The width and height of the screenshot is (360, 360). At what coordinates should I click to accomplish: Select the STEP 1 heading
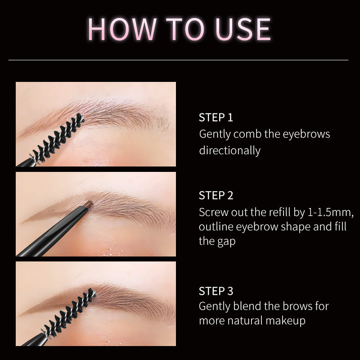coord(216,118)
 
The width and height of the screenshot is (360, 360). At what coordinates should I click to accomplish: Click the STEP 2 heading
coord(216,195)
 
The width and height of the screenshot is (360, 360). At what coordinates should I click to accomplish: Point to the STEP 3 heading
coord(216,291)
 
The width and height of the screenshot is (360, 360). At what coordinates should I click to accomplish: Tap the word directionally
coord(230,150)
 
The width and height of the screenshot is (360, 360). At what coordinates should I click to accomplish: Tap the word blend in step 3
coord(247,306)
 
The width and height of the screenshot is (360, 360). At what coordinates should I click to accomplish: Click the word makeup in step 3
coord(287,321)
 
